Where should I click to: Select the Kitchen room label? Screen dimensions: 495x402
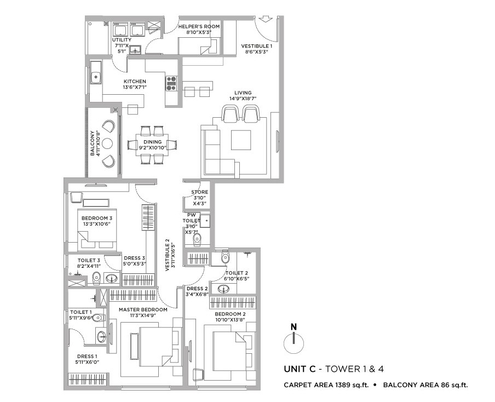(135, 82)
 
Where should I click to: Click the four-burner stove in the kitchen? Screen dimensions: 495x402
(172, 83)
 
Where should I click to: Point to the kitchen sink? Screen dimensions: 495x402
(96, 77)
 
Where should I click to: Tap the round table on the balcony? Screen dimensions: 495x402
(107, 143)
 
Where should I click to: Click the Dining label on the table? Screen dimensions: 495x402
(152, 142)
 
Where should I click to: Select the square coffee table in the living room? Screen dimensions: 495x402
(241, 140)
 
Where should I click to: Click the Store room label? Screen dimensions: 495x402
(199, 192)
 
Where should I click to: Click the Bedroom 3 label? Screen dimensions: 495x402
(97, 218)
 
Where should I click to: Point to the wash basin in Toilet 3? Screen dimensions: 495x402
(111, 279)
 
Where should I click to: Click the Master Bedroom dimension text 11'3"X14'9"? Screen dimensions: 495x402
(143, 315)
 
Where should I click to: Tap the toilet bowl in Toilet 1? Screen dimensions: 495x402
(99, 317)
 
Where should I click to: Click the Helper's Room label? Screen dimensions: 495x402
(199, 26)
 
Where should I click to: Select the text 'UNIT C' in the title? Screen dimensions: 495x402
(300, 369)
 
